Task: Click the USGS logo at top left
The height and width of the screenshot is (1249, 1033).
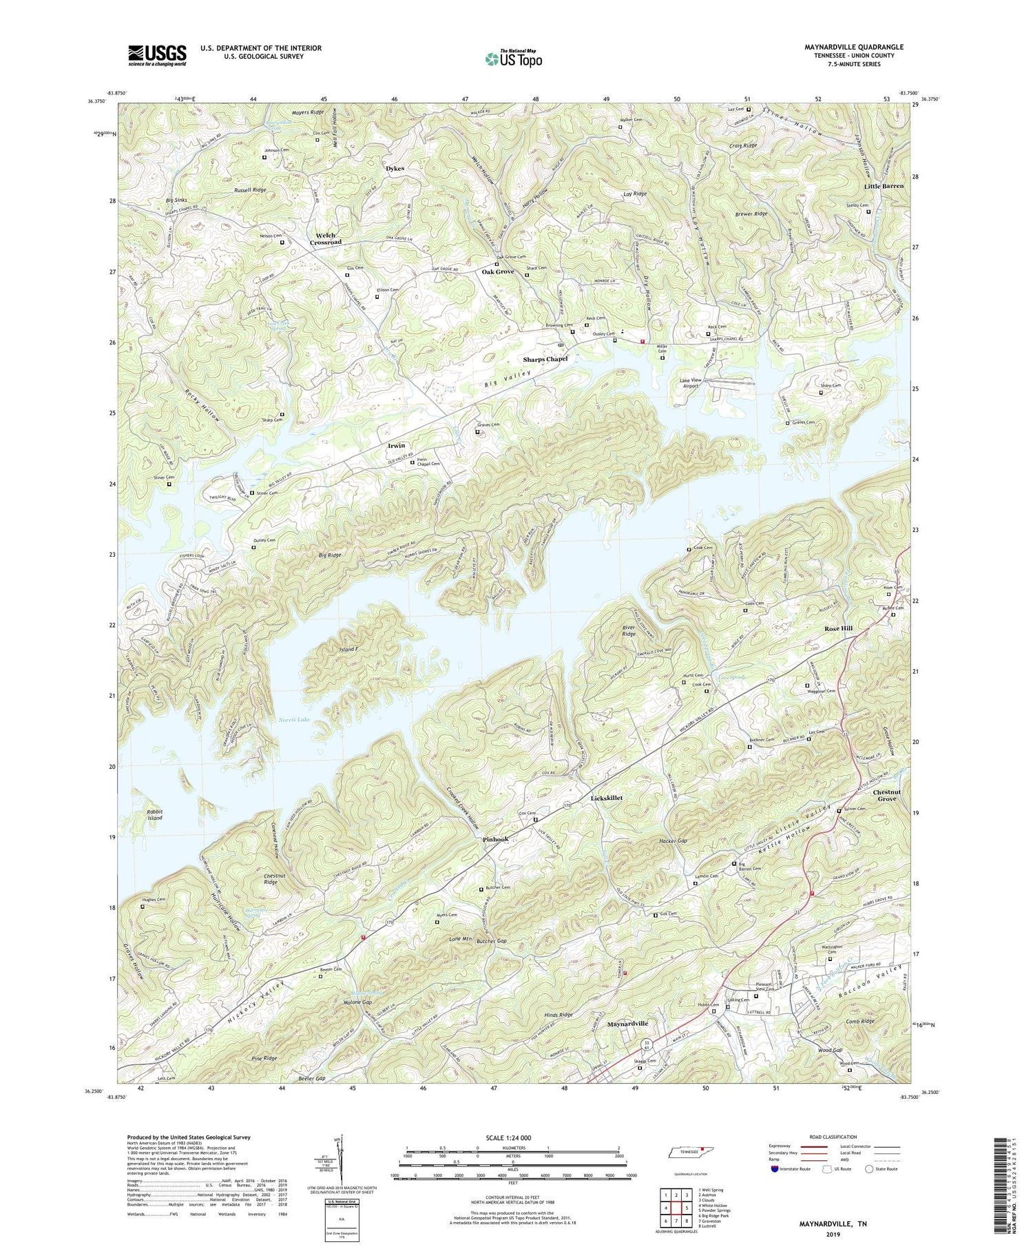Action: pyautogui.click(x=157, y=55)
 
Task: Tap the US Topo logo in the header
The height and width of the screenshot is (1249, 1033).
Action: pyautogui.click(x=513, y=59)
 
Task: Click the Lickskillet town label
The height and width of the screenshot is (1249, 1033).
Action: pyautogui.click(x=607, y=798)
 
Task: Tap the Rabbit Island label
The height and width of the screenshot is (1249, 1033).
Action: pyautogui.click(x=154, y=814)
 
